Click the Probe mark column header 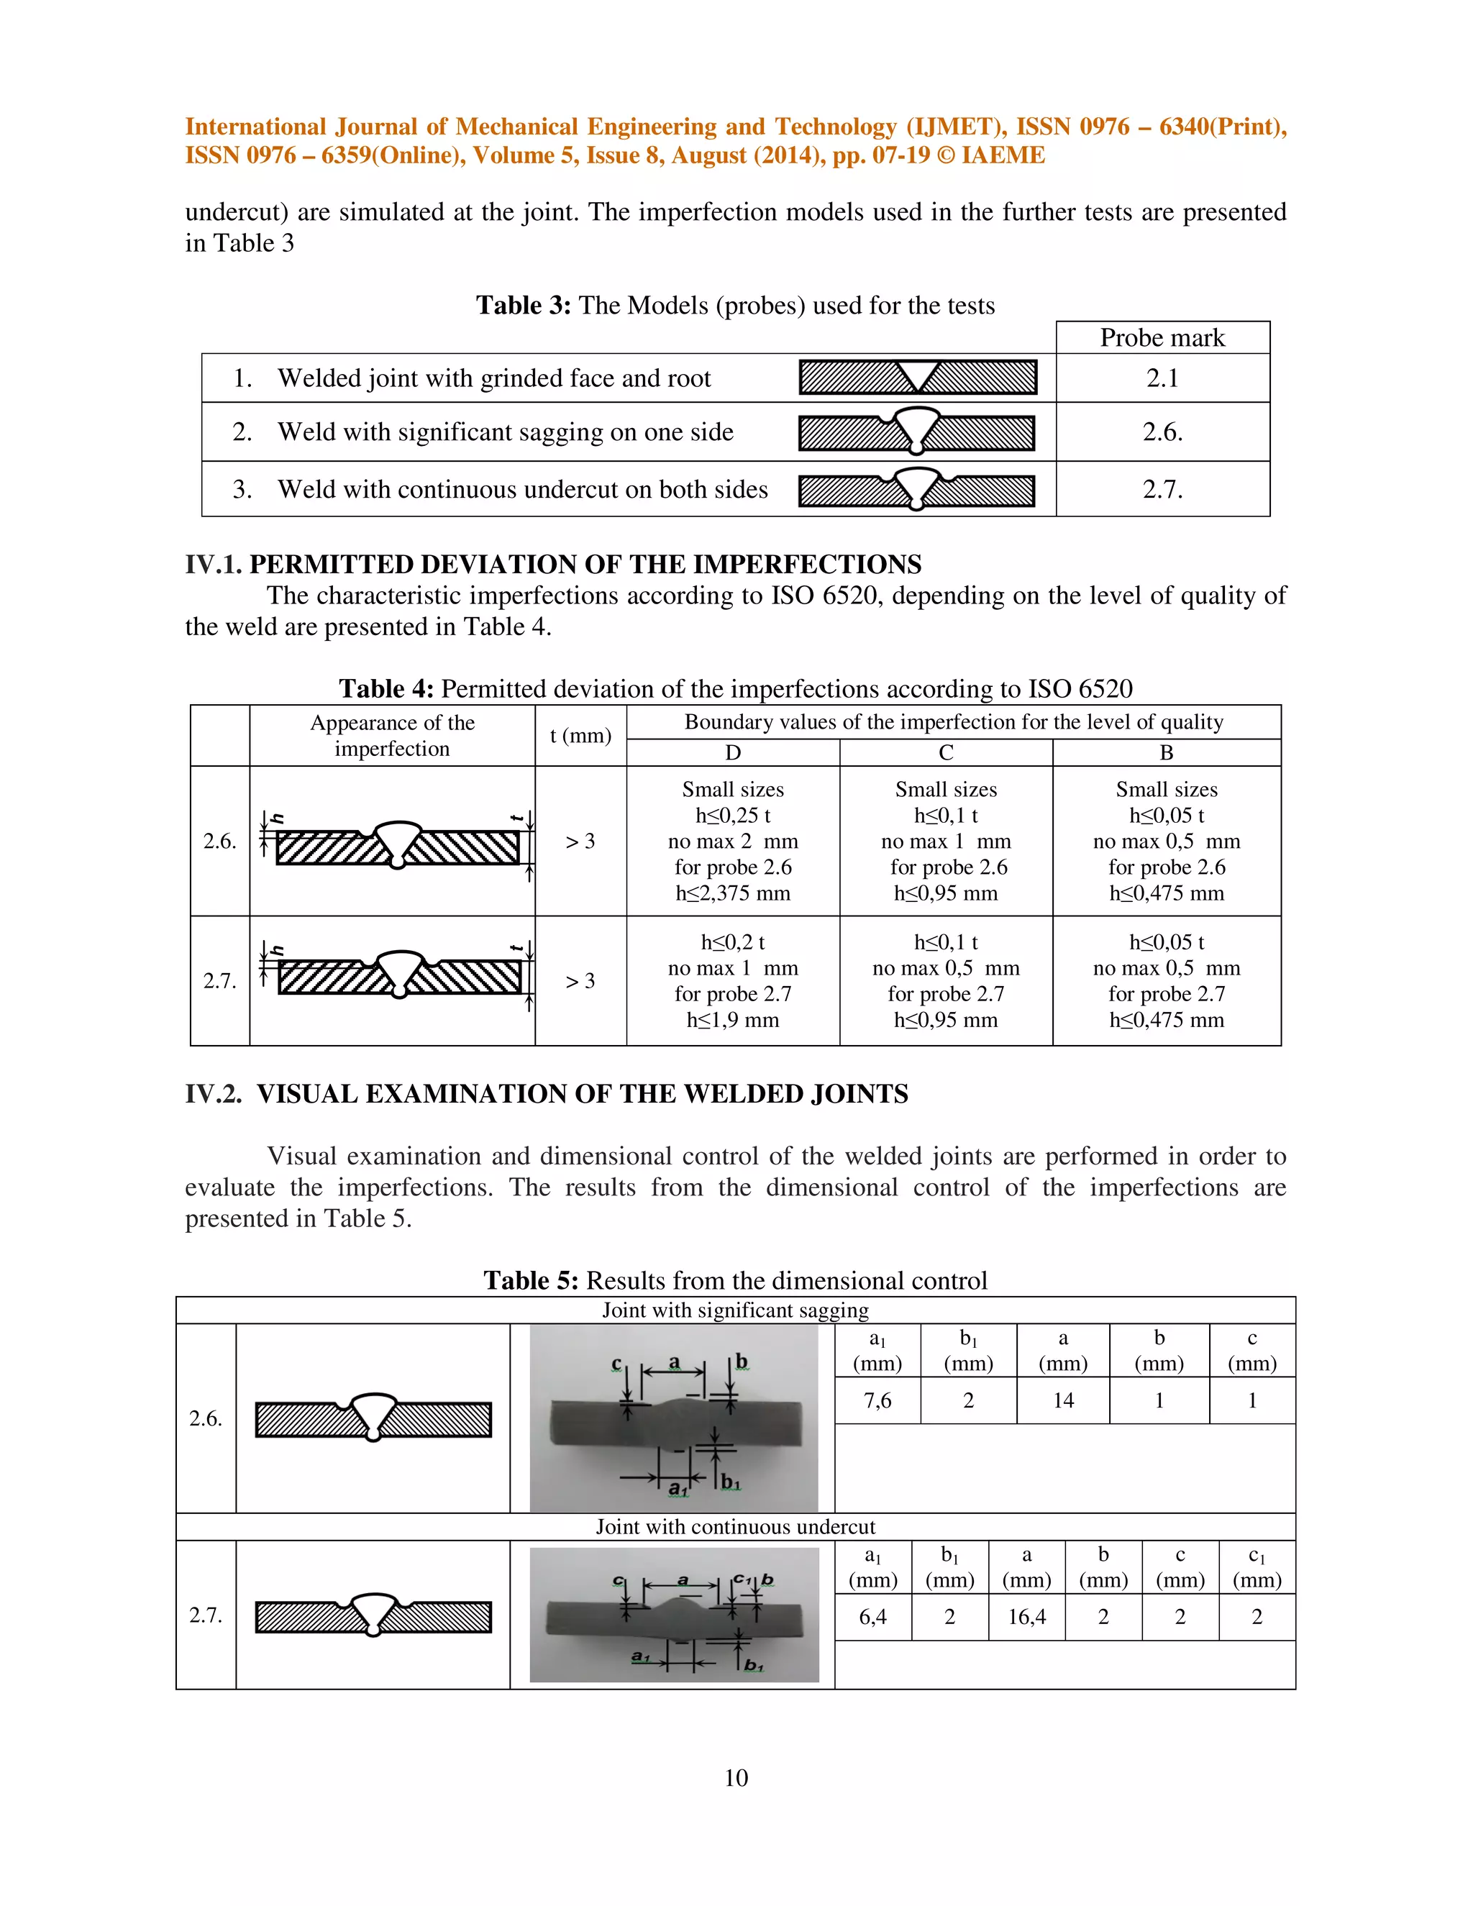1162,338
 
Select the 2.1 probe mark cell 1162,378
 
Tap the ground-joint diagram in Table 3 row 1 917,377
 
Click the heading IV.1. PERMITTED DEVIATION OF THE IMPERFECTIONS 553,564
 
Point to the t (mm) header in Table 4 580,736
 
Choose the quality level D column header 732,752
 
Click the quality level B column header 1166,752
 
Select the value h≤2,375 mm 732,893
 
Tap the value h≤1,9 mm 732,1019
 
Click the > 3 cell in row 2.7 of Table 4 580,981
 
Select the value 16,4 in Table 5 1026,1617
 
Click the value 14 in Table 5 1063,1400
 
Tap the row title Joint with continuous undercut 735,1526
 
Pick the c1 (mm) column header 1257,1567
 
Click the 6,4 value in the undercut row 872,1617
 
